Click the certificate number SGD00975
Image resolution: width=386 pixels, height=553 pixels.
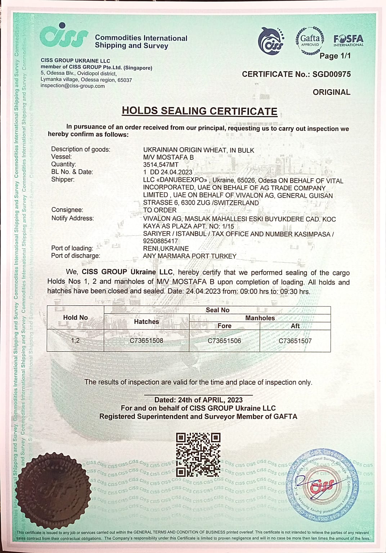click(331, 74)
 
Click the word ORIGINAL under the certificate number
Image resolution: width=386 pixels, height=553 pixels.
click(331, 92)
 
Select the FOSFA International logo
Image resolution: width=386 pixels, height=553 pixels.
click(348, 40)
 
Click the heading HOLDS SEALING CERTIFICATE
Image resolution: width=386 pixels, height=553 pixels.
click(199, 111)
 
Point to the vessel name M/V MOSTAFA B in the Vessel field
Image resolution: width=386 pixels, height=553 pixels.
click(168, 157)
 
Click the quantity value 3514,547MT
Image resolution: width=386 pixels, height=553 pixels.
click(161, 165)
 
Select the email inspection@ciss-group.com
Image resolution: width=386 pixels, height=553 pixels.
click(73, 86)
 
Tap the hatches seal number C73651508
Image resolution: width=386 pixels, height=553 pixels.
click(146, 341)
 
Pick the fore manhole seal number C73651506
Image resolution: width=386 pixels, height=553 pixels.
click(224, 341)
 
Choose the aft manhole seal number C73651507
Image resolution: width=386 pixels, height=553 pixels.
click(295, 341)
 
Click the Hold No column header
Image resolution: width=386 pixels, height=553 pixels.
click(75, 318)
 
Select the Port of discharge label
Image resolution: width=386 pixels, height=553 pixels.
click(76, 256)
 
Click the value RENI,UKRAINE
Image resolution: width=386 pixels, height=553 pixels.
click(166, 248)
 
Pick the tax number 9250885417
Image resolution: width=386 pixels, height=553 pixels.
click(160, 241)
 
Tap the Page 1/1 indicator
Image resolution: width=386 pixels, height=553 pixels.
click(335, 56)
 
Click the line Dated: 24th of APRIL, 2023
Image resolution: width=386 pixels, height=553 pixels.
click(198, 400)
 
